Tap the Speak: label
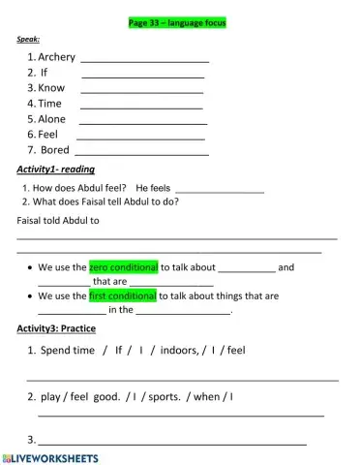[28, 40]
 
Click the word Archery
[57, 57]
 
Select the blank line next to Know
[141, 88]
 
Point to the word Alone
[53, 118]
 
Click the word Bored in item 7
[55, 149]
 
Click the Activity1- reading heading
[56, 170]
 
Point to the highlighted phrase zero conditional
[123, 266]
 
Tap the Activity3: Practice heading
[57, 328]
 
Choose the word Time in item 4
[50, 103]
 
